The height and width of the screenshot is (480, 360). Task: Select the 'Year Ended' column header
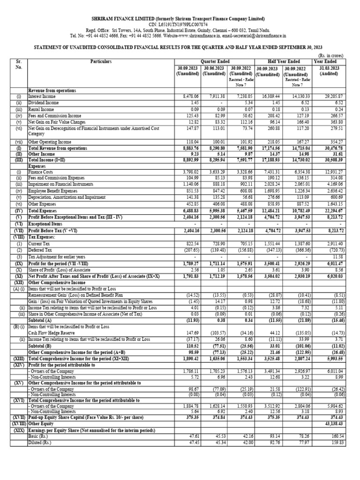325,61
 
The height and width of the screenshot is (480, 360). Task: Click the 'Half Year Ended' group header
284,61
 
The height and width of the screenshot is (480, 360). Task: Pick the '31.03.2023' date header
325,67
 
